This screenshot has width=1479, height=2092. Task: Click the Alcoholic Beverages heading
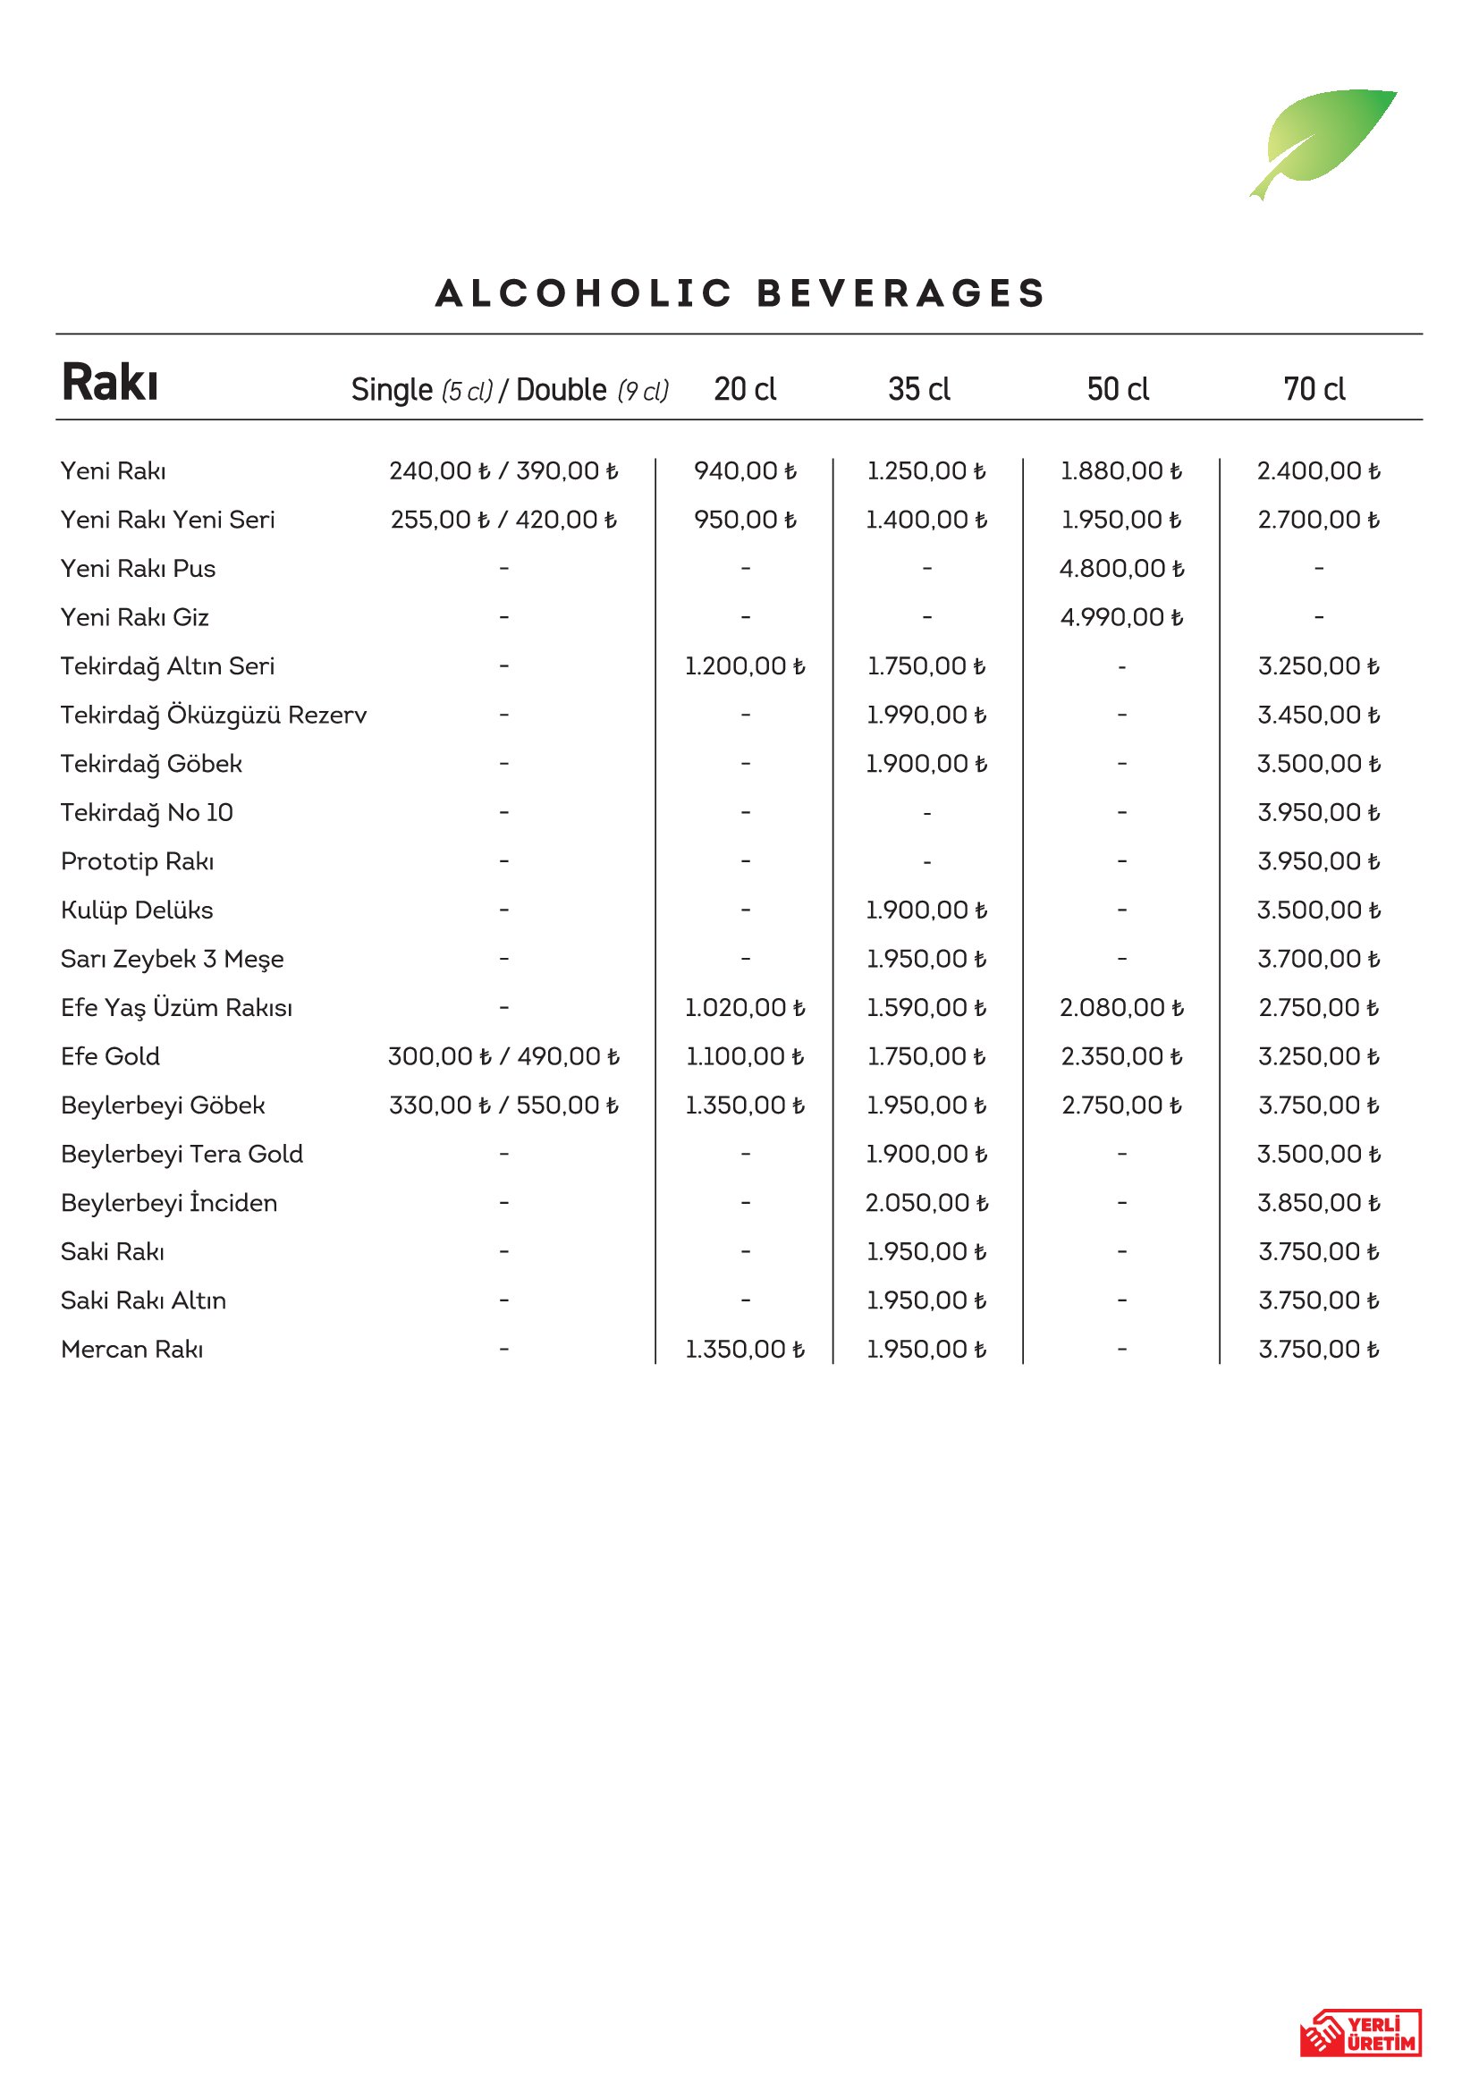(739, 293)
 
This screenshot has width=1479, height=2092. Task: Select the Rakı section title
(110, 383)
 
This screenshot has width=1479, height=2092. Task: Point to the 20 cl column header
(744, 390)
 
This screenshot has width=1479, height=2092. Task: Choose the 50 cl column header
(1118, 390)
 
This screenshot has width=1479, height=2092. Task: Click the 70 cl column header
(1314, 390)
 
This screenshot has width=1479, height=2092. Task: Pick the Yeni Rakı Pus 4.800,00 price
(1121, 569)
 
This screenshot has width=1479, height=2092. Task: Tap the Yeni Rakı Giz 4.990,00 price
(1121, 618)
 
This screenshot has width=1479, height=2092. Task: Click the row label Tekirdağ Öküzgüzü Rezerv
(213, 716)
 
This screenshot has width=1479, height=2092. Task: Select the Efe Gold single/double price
(503, 1057)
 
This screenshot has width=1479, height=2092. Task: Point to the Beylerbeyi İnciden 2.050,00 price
(926, 1204)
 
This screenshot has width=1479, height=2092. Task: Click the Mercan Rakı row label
(132, 1350)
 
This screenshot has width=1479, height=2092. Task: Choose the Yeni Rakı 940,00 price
(745, 471)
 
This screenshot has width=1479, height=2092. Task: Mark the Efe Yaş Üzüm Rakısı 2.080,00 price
(1121, 1008)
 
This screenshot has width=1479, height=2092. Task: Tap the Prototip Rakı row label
(138, 862)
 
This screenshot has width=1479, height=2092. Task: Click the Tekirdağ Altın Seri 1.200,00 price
(745, 666)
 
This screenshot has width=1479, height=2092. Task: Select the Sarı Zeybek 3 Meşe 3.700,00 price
(1318, 960)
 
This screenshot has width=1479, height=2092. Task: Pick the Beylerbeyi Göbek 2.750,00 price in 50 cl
(1121, 1105)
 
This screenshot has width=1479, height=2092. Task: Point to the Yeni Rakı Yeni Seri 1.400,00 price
(926, 521)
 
